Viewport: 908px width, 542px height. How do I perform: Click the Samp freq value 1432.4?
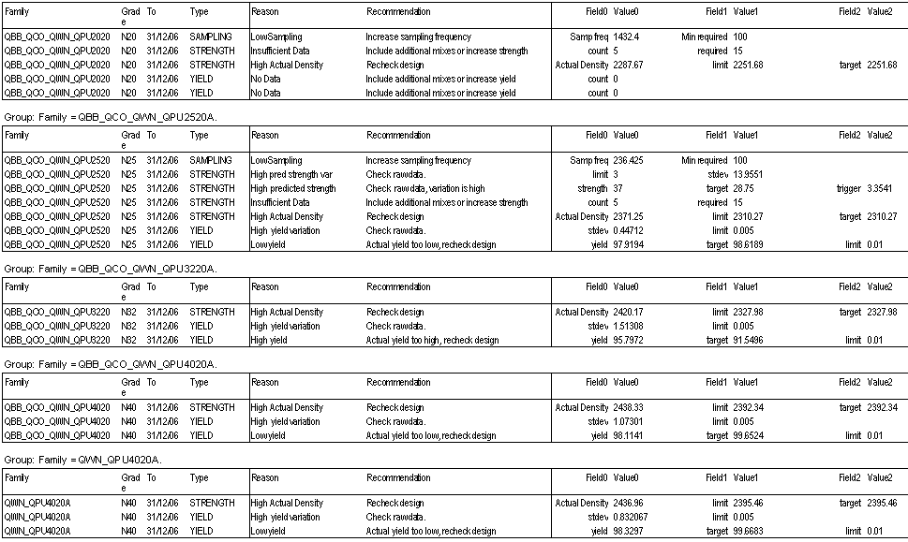pos(628,37)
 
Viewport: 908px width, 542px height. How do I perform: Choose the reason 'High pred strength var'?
pos(292,174)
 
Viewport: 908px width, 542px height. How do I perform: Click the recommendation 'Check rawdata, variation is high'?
pos(425,188)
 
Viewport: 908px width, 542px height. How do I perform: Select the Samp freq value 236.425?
pos(631,160)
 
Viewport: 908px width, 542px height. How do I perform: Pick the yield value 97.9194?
pos(631,244)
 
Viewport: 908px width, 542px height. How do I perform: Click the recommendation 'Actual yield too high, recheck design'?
pos(432,340)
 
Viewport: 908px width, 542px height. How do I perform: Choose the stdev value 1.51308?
pos(631,326)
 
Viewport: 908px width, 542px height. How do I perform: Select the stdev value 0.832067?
pos(633,517)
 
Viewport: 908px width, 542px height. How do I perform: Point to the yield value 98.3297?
pos(631,531)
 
